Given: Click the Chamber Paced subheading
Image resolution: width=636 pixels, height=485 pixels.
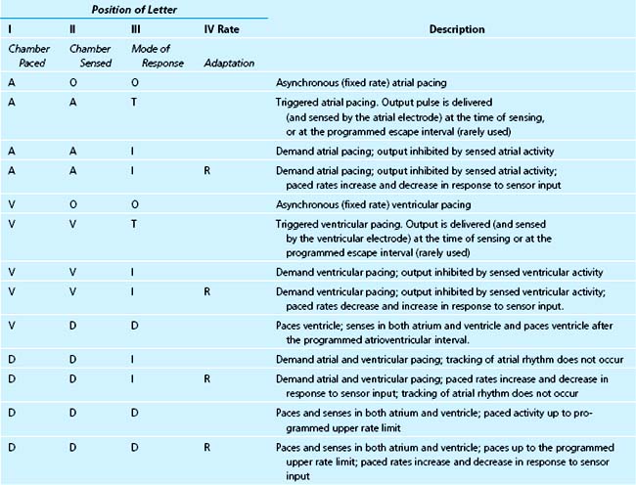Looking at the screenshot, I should point(26,55).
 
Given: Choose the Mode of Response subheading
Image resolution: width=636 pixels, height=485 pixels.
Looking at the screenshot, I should point(152,55).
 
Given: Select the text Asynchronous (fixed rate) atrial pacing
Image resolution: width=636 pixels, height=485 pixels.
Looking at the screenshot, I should point(356,85).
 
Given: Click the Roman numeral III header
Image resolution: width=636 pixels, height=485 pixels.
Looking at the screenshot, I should point(135,29).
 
